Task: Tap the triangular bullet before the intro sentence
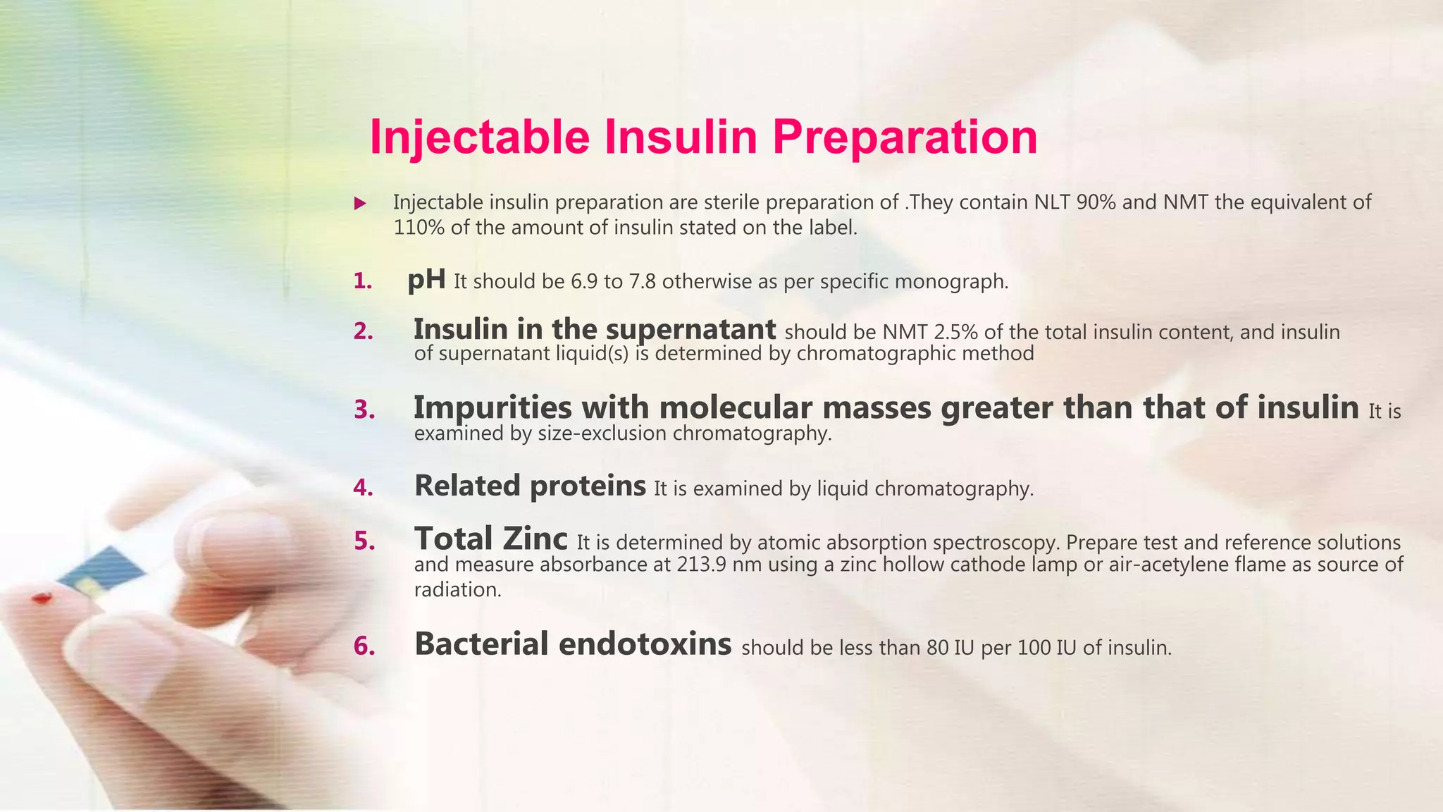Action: (360, 204)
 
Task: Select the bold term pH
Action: (426, 280)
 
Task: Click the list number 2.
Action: (363, 331)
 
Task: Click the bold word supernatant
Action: (690, 329)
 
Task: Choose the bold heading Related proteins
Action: (530, 486)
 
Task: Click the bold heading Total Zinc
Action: (490, 539)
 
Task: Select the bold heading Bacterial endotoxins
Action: (572, 644)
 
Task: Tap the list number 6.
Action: (364, 646)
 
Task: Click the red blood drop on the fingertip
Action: (42, 599)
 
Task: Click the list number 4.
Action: (364, 487)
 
